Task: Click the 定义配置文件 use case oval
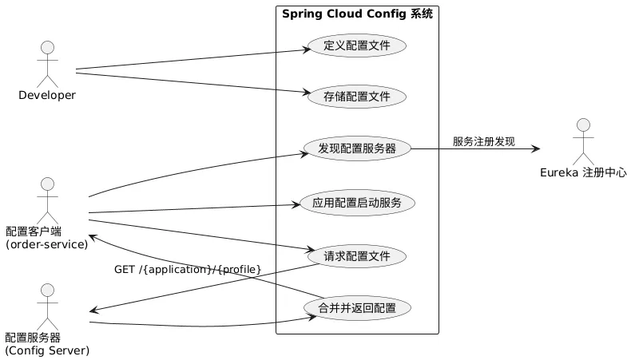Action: (x=357, y=45)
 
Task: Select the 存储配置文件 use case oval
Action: (x=357, y=97)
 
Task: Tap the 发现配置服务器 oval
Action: (x=357, y=148)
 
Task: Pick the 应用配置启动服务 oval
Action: (x=357, y=203)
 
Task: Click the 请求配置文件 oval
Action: (x=357, y=256)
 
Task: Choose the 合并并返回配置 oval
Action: (x=357, y=308)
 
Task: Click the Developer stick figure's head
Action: (x=47, y=47)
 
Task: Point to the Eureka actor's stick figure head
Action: (x=584, y=125)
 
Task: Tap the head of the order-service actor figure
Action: (x=47, y=184)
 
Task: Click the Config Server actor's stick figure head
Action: (x=47, y=291)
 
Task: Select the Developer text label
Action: (x=47, y=95)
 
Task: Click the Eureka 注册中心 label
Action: (x=584, y=172)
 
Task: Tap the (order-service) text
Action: (x=46, y=244)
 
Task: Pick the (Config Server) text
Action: (x=47, y=350)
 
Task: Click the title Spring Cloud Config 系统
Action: (x=357, y=14)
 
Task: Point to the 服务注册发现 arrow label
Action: (x=484, y=141)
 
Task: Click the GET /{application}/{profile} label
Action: (x=188, y=270)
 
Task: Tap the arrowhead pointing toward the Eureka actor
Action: (x=536, y=148)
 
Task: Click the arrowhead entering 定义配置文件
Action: (x=307, y=49)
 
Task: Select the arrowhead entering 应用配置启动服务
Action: (x=296, y=204)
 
